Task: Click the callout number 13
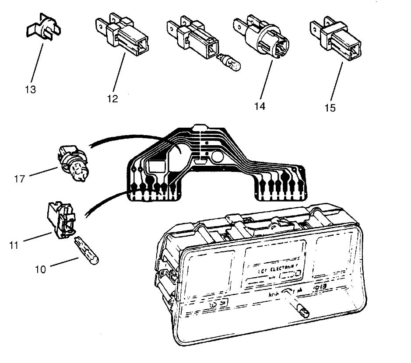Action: (31, 90)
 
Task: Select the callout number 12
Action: (112, 98)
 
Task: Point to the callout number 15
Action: (330, 107)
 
